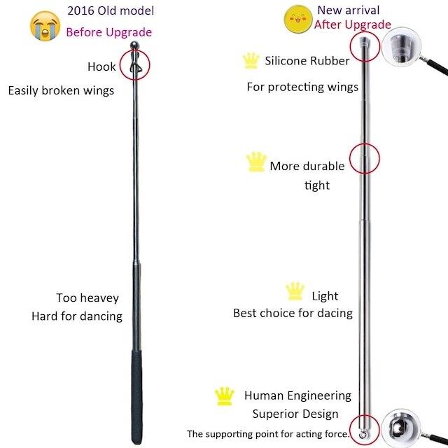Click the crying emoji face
45,27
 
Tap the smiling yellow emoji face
298,19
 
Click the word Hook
101,66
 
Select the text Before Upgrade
109,32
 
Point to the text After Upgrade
353,24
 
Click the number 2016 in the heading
81,11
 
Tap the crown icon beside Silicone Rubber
251,61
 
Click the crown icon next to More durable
256,162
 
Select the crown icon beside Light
295,291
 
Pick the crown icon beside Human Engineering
224,396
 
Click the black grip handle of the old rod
136,397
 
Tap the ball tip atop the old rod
134,45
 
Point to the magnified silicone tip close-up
401,47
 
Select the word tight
317,185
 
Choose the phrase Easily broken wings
61,90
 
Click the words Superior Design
295,414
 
